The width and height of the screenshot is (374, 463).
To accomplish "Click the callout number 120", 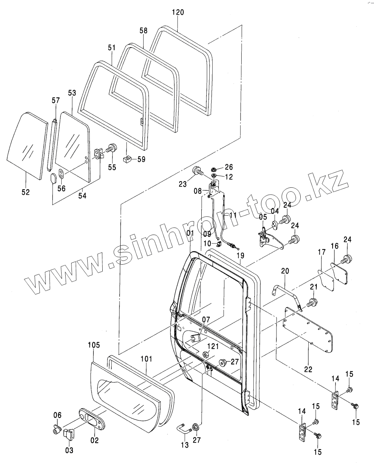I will pos(177,12).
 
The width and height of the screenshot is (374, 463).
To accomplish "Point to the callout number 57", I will pos(55,100).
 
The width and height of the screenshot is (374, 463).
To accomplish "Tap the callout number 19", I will pos(240,255).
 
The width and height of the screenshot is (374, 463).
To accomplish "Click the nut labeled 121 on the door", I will pos(206,354).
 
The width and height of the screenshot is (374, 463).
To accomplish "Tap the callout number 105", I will pos(94,345).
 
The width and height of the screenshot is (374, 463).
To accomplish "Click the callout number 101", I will pos(146,359).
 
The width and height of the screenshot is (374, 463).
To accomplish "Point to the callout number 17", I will pos(321,253).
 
